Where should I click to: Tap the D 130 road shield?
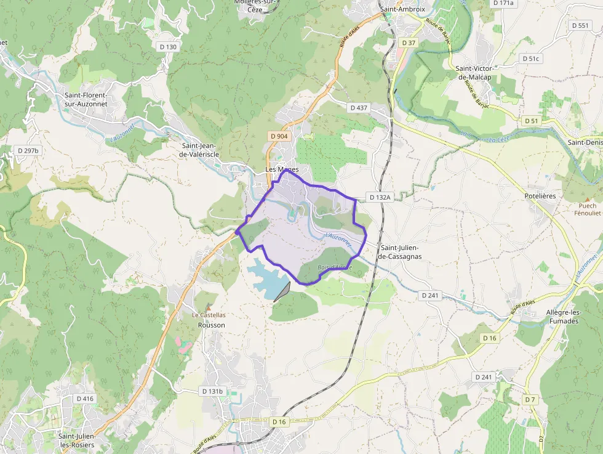167,47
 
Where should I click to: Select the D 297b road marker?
28,150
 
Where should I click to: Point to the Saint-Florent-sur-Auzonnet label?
86,99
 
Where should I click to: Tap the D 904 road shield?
279,136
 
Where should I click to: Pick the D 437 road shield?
359,107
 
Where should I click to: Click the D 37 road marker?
409,43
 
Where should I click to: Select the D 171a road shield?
503,3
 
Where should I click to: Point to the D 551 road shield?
580,25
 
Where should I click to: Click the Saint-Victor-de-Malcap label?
474,73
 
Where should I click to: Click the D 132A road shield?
380,197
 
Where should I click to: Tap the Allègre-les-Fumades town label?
562,317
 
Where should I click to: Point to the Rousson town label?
211,325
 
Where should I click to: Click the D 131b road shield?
212,391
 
